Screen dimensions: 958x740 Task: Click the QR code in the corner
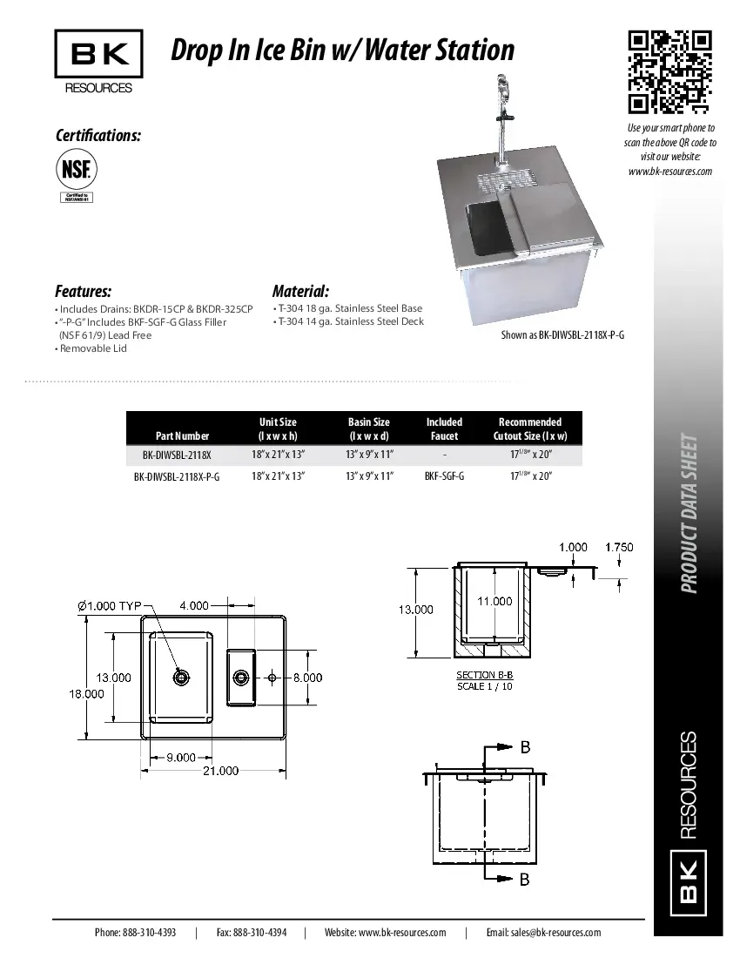(669, 72)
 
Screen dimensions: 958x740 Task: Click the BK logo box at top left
(98, 54)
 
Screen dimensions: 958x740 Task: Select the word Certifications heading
(98, 136)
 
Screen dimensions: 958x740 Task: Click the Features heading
(83, 291)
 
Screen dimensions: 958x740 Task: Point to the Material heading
(300, 291)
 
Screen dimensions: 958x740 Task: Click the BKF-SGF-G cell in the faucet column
(444, 476)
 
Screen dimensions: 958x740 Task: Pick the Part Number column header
(182, 435)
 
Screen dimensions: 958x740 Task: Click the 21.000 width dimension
(221, 771)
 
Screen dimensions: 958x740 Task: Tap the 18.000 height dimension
(86, 693)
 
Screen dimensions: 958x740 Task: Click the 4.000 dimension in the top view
(194, 604)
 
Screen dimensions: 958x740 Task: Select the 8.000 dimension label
(306, 678)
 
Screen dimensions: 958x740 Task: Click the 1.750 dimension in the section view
(618, 547)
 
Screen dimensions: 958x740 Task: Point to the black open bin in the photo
(485, 226)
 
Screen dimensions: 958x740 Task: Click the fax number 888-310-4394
(260, 933)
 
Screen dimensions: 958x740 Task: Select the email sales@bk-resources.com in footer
(543, 933)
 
